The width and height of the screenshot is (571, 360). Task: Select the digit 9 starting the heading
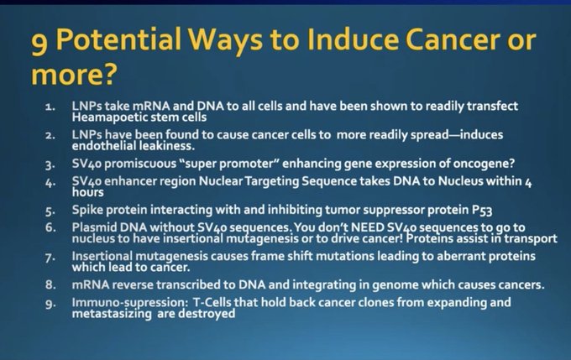tap(39, 43)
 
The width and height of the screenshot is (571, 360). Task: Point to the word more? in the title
tap(74, 74)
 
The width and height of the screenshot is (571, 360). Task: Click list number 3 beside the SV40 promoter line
tap(50, 164)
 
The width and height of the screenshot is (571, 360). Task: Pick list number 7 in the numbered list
tap(50, 258)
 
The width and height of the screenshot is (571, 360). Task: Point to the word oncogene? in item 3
tap(484, 164)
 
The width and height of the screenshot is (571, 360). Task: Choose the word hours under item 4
tap(88, 192)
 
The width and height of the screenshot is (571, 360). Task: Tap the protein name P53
tap(482, 210)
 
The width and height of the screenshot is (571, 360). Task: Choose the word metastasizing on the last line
tap(112, 314)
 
